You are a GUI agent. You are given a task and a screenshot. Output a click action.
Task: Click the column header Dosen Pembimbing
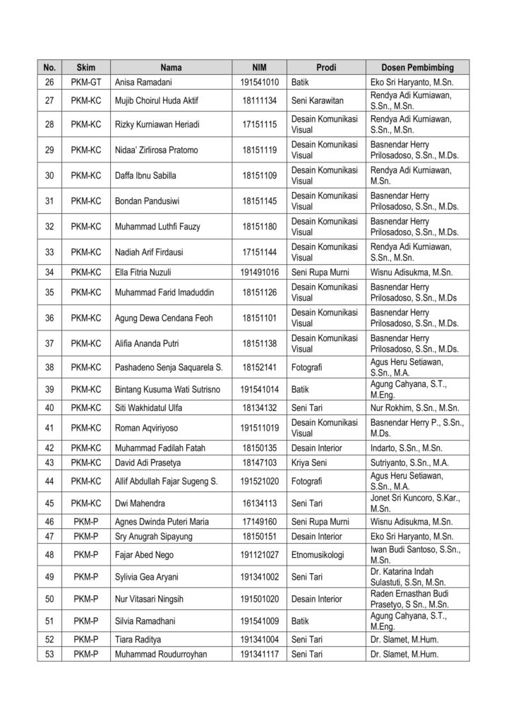click(417, 68)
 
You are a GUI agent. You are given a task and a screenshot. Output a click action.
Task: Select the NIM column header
click(259, 68)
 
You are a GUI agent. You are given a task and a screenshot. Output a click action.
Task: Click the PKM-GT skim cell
click(85, 82)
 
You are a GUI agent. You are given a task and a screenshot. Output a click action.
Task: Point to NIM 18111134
click(259, 100)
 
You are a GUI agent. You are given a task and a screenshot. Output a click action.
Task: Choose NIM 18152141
click(259, 367)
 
